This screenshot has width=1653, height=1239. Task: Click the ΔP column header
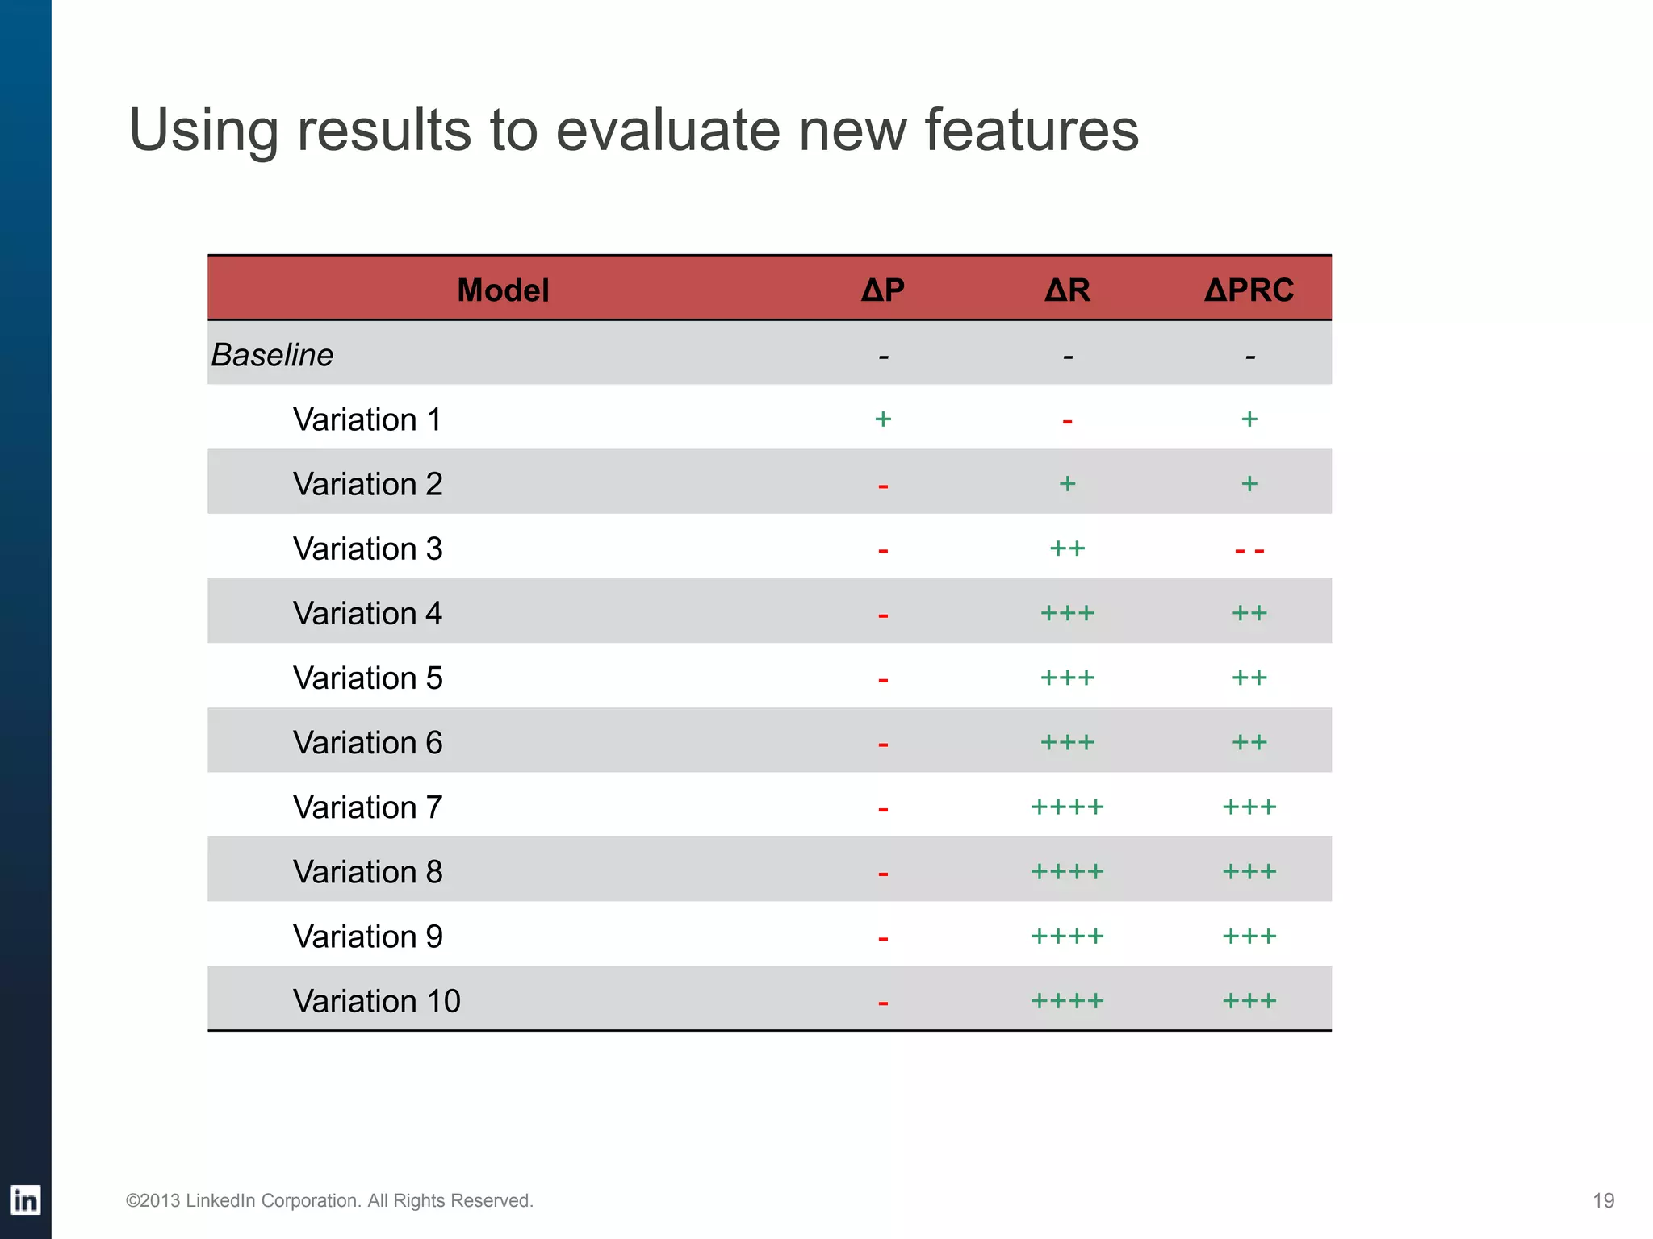coord(882,290)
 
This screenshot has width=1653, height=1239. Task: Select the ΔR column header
coord(1067,290)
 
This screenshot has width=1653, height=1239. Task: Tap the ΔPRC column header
coord(1249,290)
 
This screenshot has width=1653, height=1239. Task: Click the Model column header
coord(503,290)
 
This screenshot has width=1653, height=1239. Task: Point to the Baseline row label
coord(272,355)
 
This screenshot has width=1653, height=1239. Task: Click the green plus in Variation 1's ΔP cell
coord(883,419)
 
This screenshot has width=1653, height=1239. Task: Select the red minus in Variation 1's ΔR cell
coord(1067,421)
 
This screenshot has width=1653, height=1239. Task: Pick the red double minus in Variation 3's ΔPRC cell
coord(1249,551)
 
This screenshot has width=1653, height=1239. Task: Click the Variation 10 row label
coord(376,1001)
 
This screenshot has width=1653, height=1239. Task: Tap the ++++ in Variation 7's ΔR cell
coord(1067,807)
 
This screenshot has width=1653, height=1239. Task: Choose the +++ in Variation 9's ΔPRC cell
coord(1249,936)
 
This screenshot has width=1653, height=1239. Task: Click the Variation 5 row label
coord(367,678)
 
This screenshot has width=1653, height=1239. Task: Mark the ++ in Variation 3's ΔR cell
coord(1067,549)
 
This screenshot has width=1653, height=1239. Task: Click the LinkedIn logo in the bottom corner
coord(25,1200)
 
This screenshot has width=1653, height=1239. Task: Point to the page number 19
coord(1603,1200)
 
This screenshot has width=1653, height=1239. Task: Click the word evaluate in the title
coord(667,131)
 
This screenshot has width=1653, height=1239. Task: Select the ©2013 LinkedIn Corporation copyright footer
coord(329,1200)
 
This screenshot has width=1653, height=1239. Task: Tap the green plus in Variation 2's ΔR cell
coord(1067,483)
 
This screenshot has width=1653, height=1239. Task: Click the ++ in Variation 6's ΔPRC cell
coord(1249,742)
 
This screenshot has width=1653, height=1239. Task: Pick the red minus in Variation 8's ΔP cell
coord(883,874)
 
